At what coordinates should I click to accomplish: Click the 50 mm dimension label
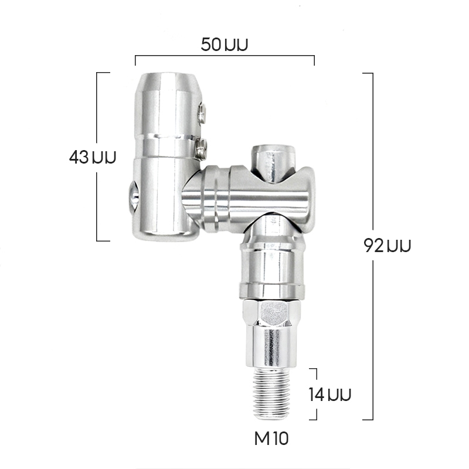pos(225,45)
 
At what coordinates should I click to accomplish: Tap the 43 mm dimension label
pos(93,157)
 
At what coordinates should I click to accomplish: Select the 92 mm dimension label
pos(388,246)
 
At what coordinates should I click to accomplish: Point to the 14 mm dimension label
pos(329,394)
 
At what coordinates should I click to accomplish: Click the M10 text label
pos(271,439)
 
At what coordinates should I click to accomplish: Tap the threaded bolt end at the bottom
pos(271,393)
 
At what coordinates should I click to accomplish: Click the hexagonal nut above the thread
pos(271,313)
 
